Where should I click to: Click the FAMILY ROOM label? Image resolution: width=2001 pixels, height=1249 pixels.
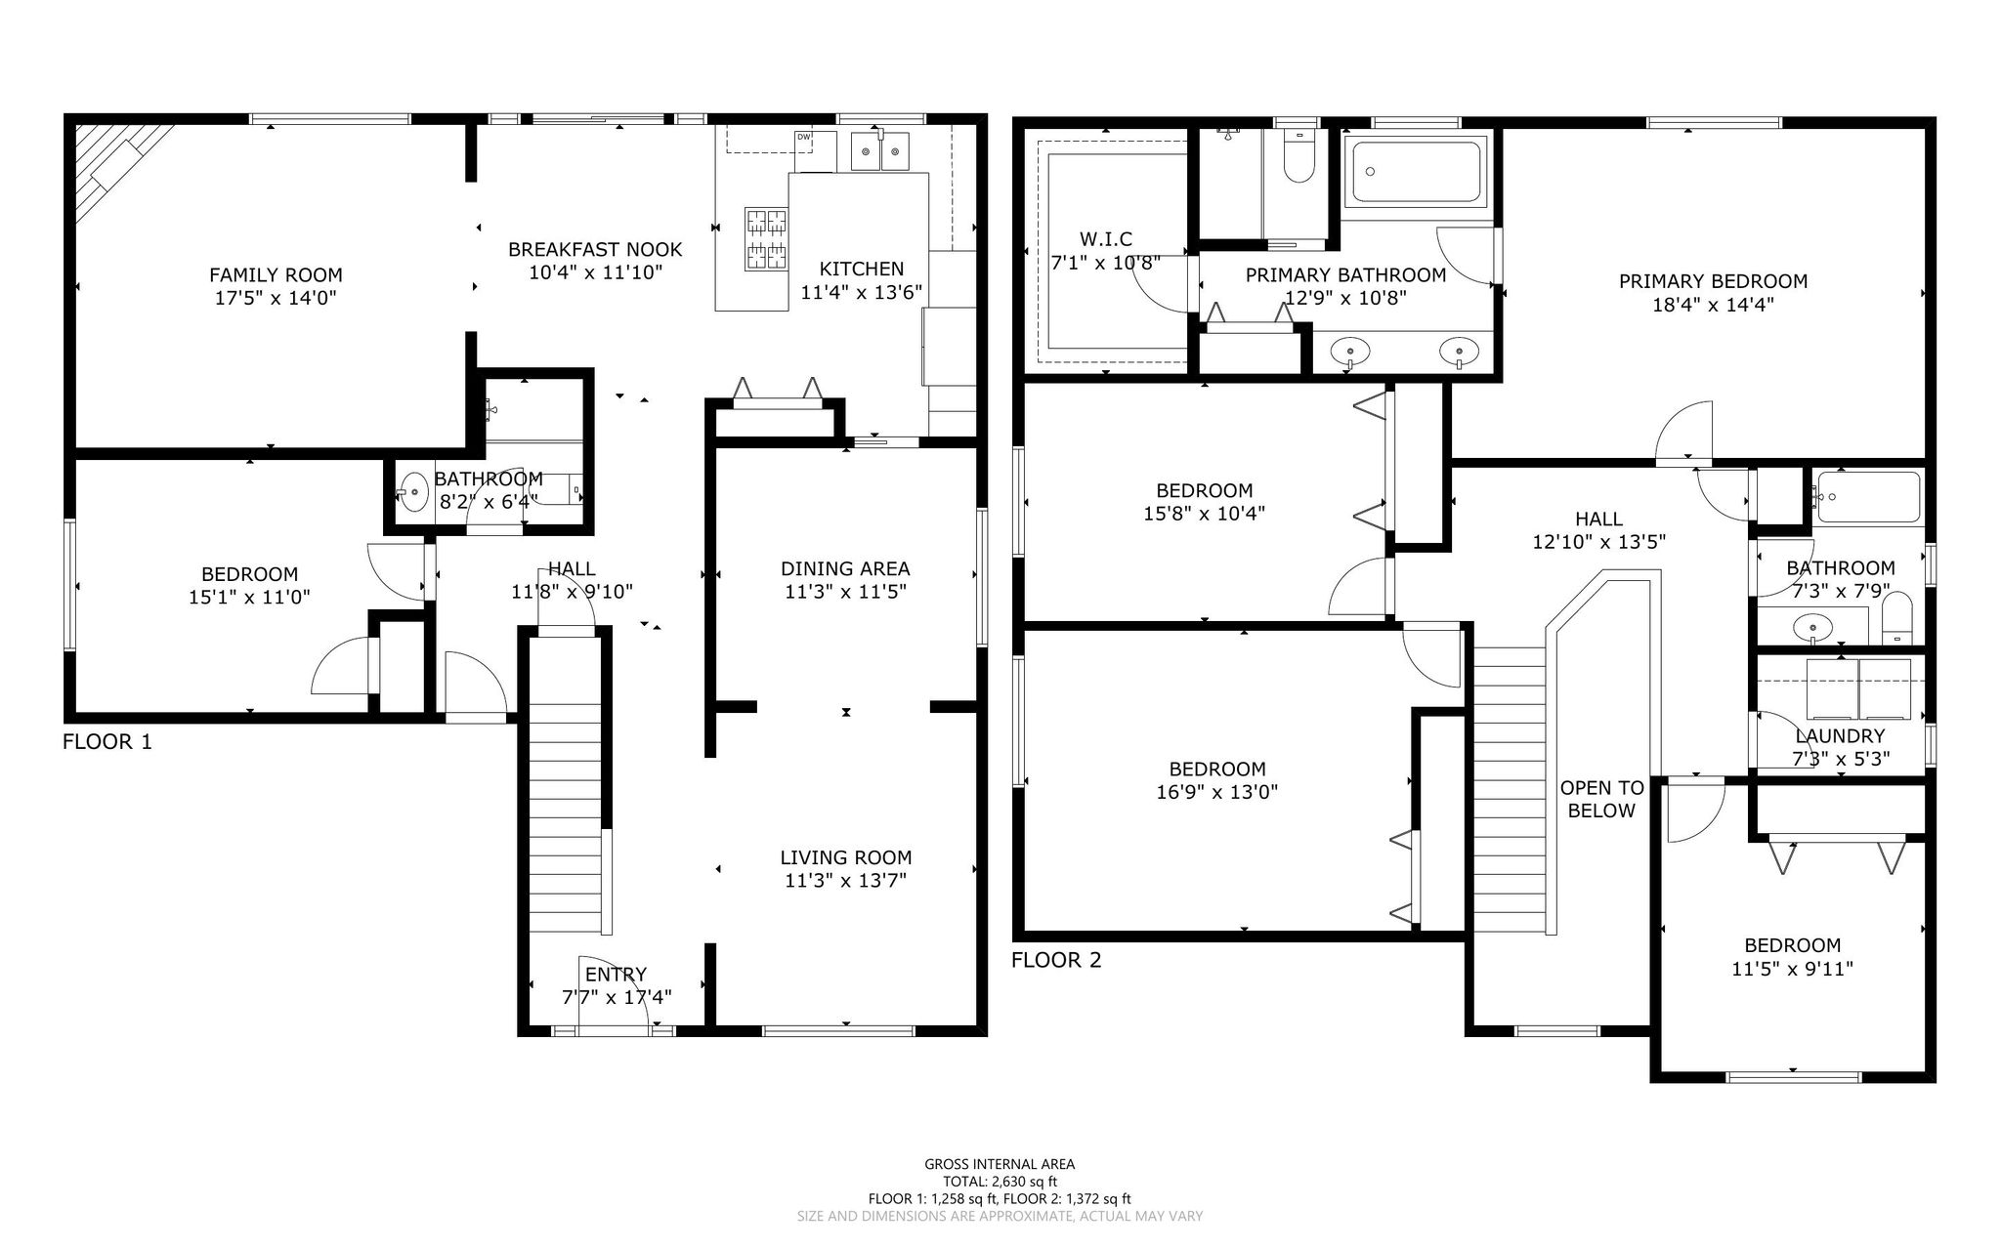pos(276,275)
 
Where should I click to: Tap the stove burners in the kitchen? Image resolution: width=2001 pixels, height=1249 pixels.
pos(766,239)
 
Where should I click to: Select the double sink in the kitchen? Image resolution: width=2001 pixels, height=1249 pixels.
pos(880,152)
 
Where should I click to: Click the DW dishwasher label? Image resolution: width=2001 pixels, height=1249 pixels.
pos(803,137)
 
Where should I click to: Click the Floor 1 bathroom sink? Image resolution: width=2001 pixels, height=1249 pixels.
pos(413,489)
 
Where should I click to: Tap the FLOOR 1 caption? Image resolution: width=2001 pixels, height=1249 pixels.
pos(107,742)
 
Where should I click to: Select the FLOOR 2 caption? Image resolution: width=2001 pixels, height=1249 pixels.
pos(1056,961)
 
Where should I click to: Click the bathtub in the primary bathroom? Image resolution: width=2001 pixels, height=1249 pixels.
pos(1415,171)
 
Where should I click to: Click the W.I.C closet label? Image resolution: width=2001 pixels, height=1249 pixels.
pos(1106,239)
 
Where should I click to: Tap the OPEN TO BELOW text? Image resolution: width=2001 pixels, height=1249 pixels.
pos(1601,799)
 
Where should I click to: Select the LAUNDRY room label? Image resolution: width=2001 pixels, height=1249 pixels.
pos(1840,736)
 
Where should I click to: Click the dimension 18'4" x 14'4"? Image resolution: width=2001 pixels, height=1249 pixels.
pos(1713,305)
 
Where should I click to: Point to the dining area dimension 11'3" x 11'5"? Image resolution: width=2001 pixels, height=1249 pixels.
pos(845,592)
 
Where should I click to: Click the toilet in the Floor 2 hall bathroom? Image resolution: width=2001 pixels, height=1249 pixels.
pos(1896,618)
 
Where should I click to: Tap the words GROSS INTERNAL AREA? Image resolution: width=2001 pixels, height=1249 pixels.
pos(1000,1164)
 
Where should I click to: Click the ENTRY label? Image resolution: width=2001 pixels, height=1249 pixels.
pos(616,975)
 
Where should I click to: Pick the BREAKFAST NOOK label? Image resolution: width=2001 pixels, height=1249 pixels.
pos(595,250)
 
